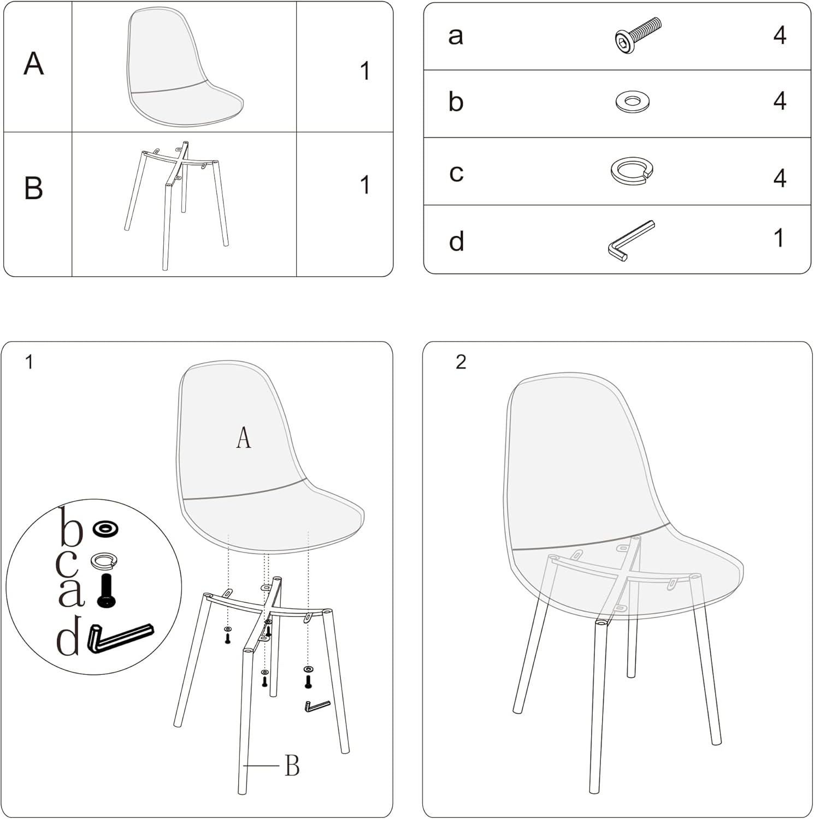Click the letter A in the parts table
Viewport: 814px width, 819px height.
coord(34,63)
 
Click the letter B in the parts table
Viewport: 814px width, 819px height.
coord(34,188)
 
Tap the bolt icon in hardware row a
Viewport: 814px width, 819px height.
coord(636,35)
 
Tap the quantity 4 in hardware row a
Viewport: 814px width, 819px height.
coord(780,35)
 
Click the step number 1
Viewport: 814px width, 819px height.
coord(30,362)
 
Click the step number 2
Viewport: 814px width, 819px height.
coord(461,362)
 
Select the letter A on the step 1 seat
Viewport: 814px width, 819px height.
coord(244,438)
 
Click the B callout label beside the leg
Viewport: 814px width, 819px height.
coord(292,765)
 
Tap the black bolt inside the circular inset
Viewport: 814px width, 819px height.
coord(106,591)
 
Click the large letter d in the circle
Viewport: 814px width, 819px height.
coord(69,637)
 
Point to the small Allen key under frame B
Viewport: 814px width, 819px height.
coord(317,706)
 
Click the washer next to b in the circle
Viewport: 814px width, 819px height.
coord(105,529)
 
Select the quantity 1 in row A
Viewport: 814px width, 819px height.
coord(365,72)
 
